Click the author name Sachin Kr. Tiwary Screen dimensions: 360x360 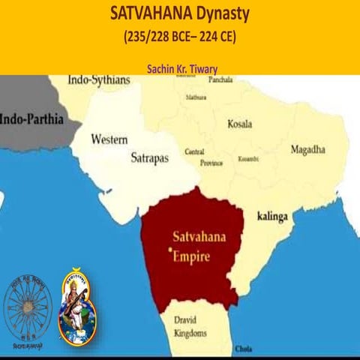[179, 67]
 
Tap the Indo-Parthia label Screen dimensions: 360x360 [31, 118]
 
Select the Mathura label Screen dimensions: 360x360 [196, 97]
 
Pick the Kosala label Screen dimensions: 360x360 [239, 124]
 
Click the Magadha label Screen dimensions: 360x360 [307, 149]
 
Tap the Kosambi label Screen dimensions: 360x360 [248, 159]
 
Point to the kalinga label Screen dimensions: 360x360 [272, 215]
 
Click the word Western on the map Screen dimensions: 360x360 [109, 139]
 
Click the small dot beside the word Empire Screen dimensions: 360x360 [172, 249]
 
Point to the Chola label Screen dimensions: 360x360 [244, 349]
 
